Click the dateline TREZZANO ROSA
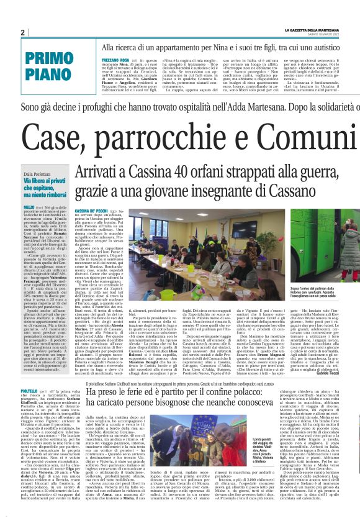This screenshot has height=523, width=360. point(115,57)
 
